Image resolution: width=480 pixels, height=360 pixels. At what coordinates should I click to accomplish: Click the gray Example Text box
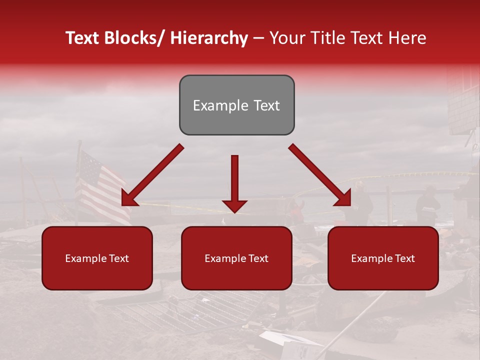point(236,105)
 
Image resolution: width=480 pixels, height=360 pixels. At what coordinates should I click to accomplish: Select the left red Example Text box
point(97,258)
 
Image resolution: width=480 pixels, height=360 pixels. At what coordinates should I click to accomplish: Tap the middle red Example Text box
point(236,258)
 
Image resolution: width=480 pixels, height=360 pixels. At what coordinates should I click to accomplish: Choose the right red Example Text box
point(383,258)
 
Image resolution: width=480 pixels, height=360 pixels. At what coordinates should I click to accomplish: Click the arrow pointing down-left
point(152,175)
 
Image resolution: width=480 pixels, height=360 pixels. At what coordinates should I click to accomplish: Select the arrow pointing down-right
point(320,175)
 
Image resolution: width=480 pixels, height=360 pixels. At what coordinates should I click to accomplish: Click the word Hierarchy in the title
point(209,38)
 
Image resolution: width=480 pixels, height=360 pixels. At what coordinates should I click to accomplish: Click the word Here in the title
point(408,38)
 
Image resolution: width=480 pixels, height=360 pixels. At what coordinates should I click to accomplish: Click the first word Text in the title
point(83,38)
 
